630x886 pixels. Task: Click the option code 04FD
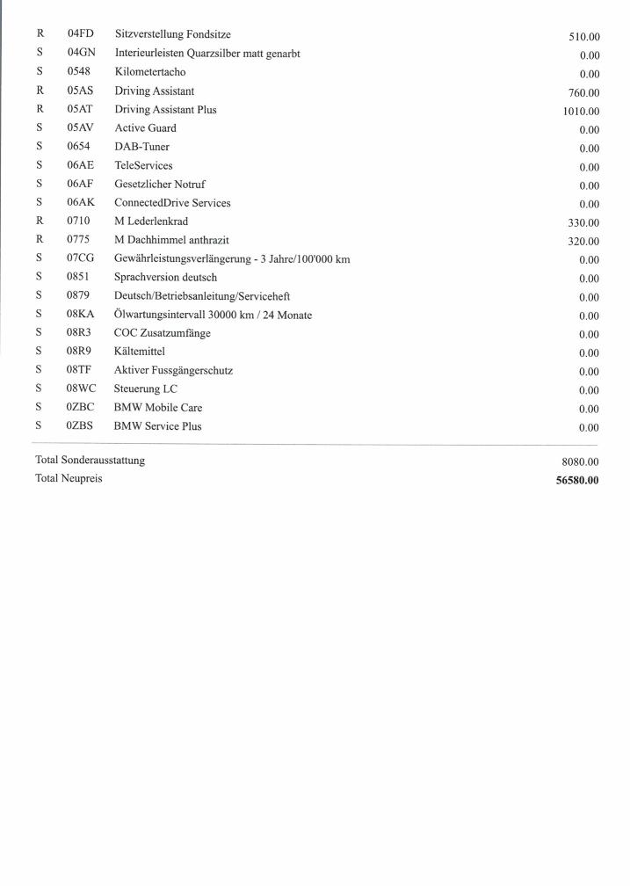tap(80, 35)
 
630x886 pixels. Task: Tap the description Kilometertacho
tap(150, 72)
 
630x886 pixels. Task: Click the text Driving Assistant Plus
tap(165, 110)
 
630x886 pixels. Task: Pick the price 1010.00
tap(581, 112)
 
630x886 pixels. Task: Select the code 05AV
tap(80, 128)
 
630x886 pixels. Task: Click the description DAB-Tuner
tap(141, 147)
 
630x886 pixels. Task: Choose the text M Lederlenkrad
tap(151, 221)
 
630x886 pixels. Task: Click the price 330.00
tap(583, 223)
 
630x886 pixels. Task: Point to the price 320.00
tap(583, 242)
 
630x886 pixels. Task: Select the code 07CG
tap(81, 258)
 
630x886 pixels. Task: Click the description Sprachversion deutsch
tap(165, 278)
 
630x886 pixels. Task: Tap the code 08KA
tap(81, 315)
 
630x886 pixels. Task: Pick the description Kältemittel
tap(140, 352)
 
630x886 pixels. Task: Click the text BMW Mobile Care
tap(158, 408)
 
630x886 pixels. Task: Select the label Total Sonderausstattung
tap(90, 460)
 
